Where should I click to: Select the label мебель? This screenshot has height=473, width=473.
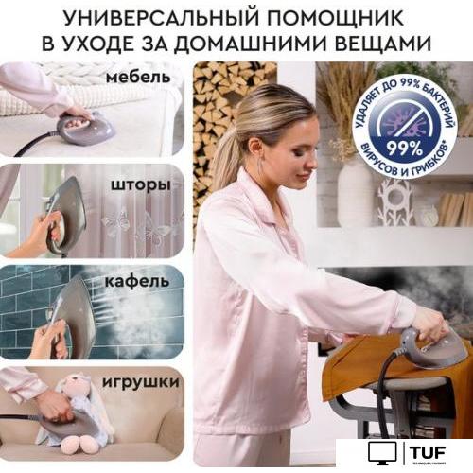pos(138,76)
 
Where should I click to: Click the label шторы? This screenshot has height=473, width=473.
pos(138,184)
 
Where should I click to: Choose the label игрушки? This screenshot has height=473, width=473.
pos(143,382)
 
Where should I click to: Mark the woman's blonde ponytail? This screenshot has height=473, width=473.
pos(227,151)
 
